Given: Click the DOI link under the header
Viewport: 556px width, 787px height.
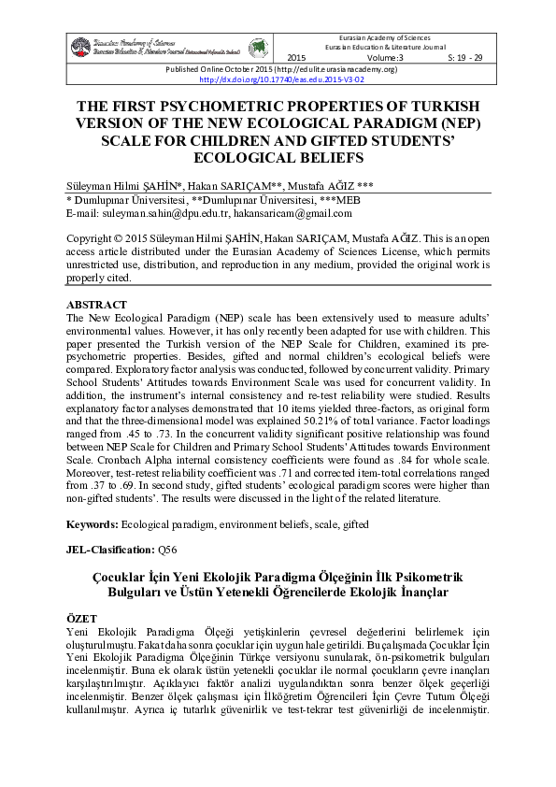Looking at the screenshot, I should click(x=278, y=79).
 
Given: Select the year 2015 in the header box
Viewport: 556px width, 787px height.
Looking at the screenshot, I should click(x=296, y=58).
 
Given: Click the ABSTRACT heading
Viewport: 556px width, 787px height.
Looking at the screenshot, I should click(x=98, y=306).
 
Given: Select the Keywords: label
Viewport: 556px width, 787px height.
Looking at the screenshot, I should click(x=97, y=525).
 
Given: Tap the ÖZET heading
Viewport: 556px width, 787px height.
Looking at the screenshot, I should click(x=82, y=620).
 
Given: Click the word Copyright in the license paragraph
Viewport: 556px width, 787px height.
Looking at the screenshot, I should click(x=95, y=238).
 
